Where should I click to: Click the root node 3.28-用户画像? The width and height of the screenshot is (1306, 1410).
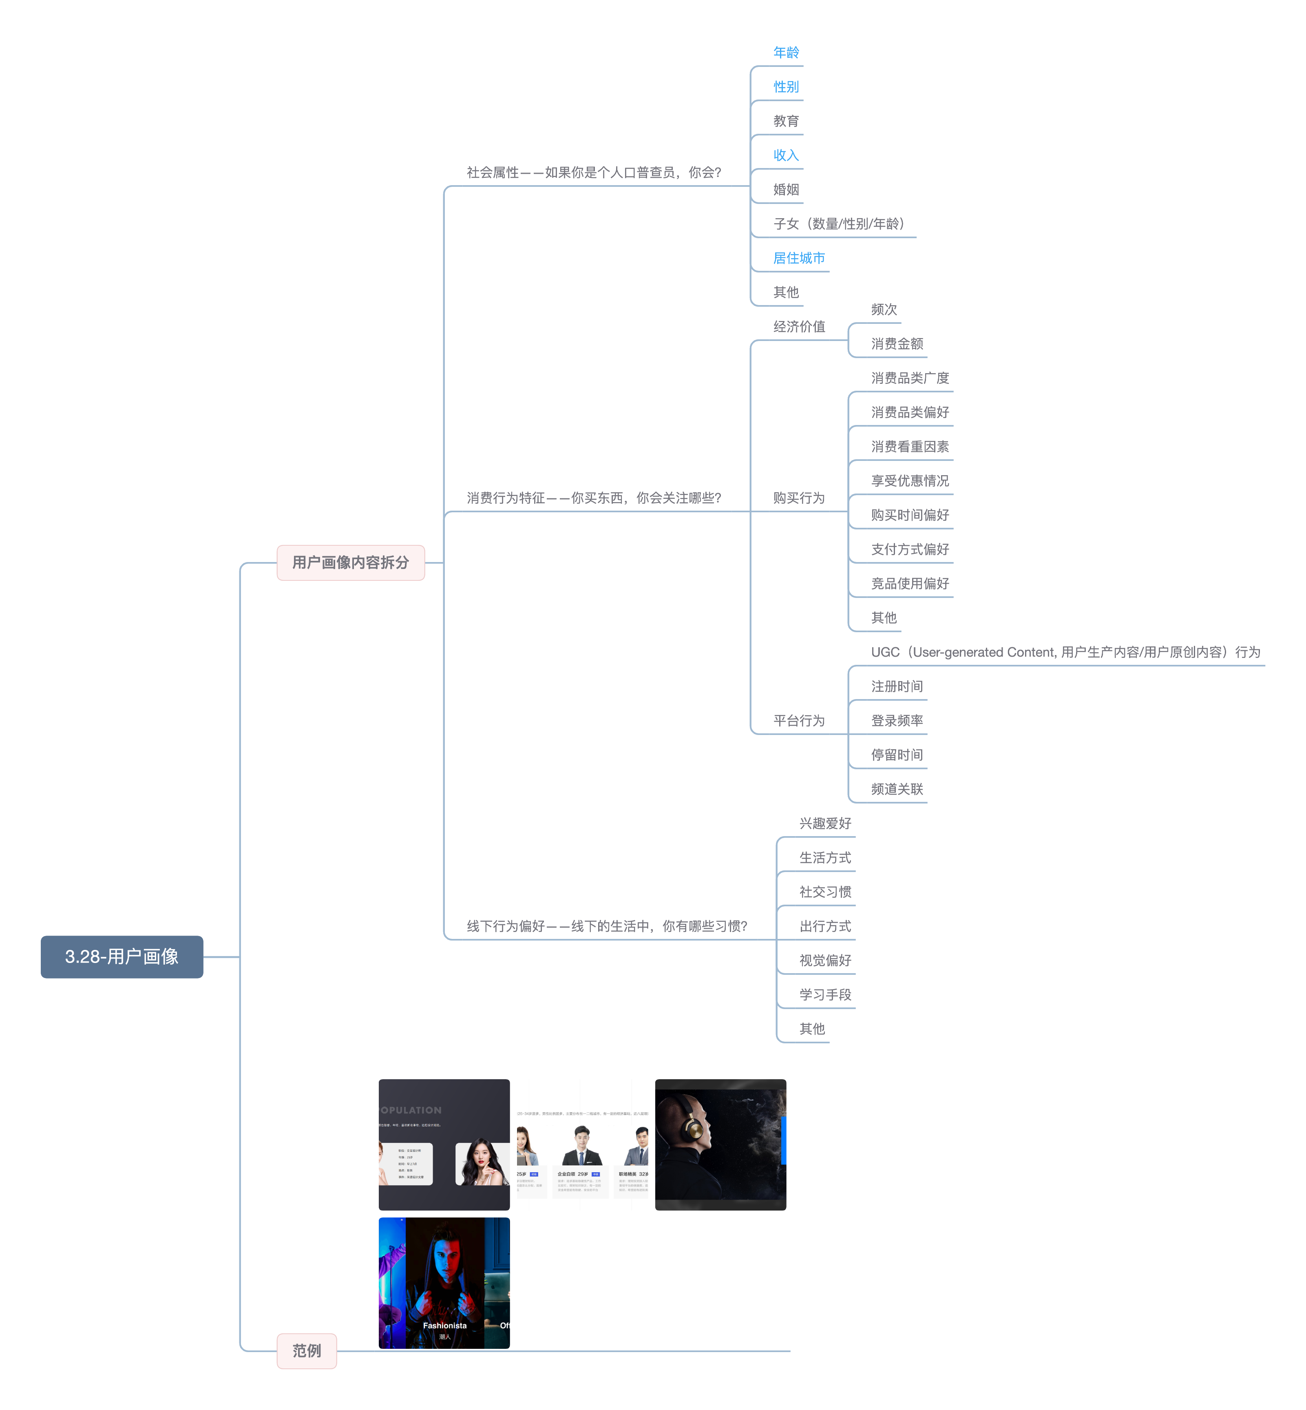click(122, 956)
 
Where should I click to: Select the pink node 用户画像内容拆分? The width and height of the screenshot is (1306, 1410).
click(351, 562)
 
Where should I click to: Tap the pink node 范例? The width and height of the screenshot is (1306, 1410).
click(307, 1350)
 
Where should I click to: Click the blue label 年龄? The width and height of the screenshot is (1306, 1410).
click(786, 52)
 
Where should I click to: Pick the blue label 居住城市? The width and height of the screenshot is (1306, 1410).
click(799, 258)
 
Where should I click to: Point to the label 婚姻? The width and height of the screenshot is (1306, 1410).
click(786, 189)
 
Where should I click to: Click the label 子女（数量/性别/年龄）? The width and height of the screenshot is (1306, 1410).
click(839, 224)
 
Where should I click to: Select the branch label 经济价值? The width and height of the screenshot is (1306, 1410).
click(799, 327)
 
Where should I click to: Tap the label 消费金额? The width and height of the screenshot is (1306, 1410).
click(897, 343)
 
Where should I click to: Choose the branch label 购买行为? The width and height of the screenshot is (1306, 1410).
click(799, 498)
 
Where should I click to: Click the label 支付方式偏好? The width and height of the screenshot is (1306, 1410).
click(910, 549)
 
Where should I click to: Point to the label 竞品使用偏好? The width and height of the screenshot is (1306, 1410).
click(910, 583)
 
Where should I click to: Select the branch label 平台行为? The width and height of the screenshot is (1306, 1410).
click(799, 720)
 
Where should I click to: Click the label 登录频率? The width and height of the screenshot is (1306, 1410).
click(897, 720)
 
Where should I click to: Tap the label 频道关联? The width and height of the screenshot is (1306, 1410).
click(897, 789)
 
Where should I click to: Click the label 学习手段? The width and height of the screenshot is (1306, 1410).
click(825, 994)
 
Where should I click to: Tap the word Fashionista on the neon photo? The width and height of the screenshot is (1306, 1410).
click(444, 1325)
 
